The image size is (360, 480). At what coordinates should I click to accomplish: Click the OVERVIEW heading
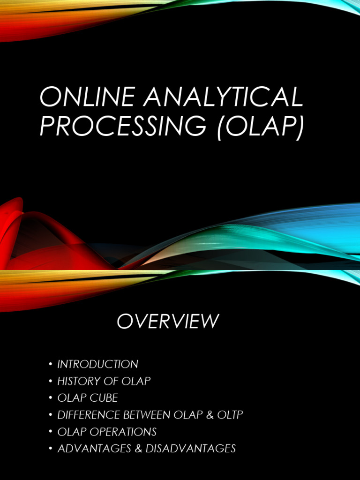(x=168, y=322)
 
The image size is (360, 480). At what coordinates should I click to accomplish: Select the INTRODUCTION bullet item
(x=97, y=364)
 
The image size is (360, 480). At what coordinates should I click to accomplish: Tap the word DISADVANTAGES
(x=190, y=449)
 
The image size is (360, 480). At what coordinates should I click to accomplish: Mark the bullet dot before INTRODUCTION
(x=50, y=365)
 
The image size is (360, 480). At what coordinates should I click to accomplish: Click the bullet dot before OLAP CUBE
(x=50, y=398)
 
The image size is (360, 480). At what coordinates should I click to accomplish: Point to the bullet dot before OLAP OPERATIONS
(x=50, y=432)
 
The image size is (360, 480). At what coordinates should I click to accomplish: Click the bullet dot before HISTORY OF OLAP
(x=50, y=382)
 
